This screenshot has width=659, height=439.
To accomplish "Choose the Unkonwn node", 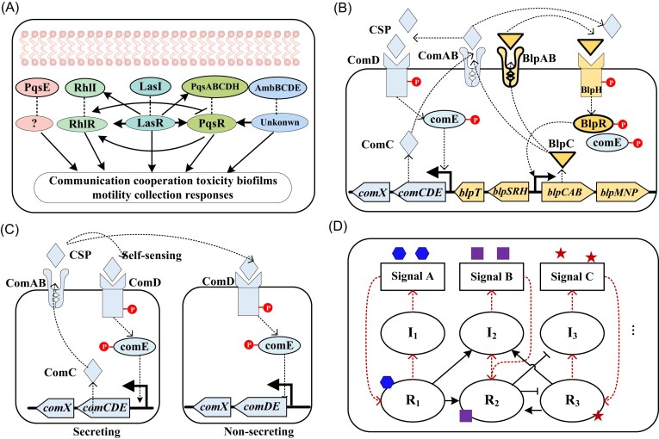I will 287,126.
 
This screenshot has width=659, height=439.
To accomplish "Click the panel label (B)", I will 356,11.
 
